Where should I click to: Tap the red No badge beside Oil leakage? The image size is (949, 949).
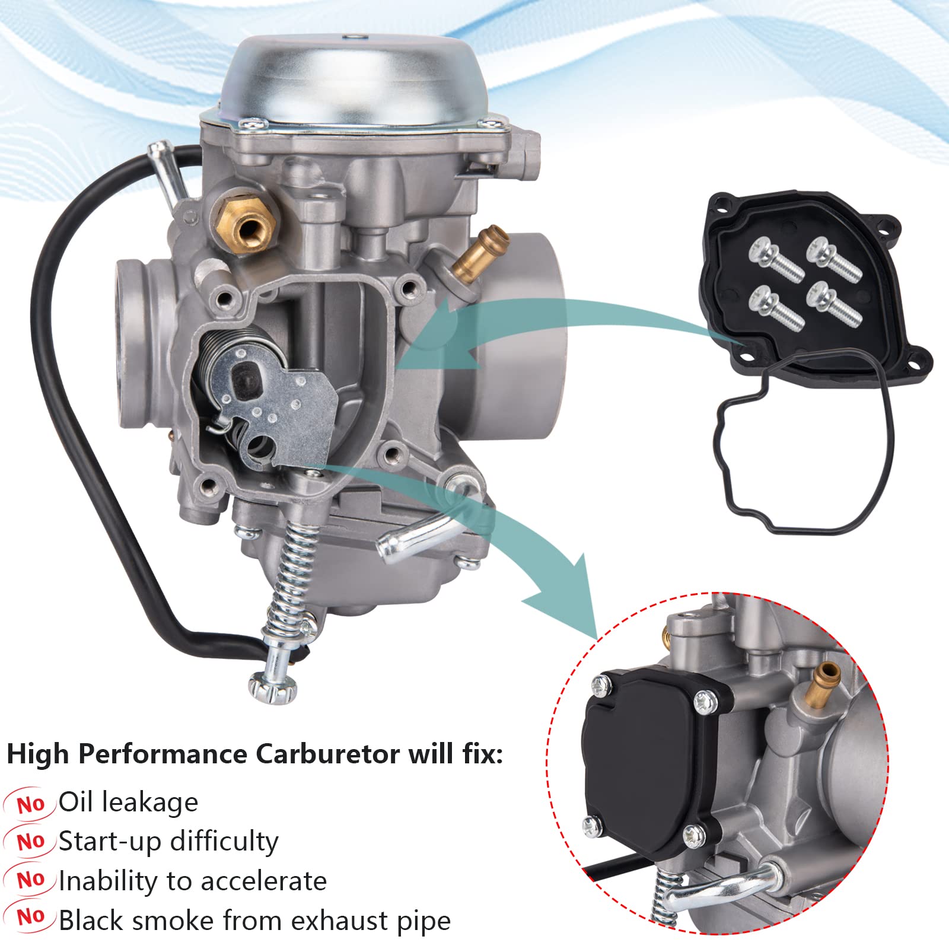(x=31, y=804)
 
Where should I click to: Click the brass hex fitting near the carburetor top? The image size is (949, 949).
(x=247, y=220)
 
